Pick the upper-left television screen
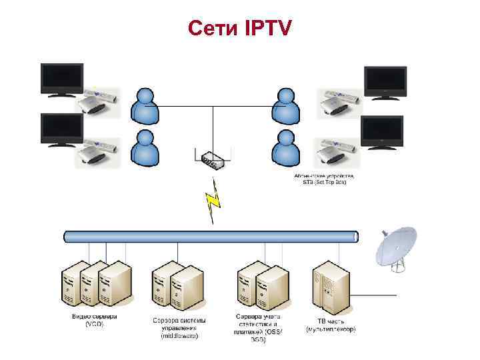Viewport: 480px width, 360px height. (x=62, y=79)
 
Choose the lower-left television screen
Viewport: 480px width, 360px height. (x=62, y=127)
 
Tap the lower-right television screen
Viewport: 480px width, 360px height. (x=382, y=130)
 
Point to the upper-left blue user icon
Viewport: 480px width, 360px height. (x=145, y=105)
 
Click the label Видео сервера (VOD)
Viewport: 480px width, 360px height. (x=95, y=319)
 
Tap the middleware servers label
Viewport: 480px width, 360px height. (x=179, y=327)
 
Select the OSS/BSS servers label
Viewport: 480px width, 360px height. (x=258, y=327)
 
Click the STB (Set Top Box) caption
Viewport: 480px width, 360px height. (x=325, y=179)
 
